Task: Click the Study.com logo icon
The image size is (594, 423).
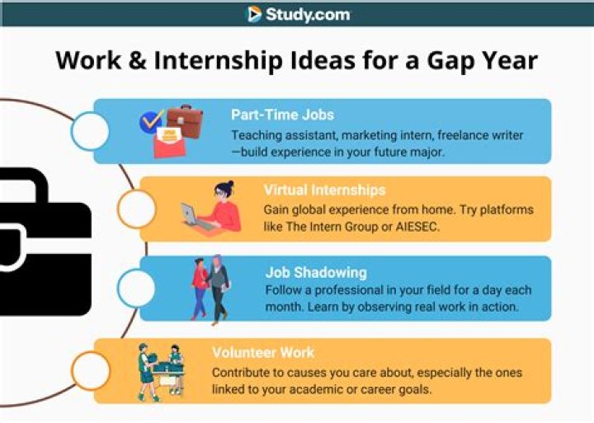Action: click(x=255, y=14)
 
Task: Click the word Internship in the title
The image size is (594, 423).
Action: click(x=218, y=60)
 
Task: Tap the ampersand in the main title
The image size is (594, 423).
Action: click(x=137, y=60)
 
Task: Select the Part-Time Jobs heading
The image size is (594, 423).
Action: click(x=283, y=115)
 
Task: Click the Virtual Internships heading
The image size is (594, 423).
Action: click(x=325, y=190)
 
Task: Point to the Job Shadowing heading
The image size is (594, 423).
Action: click(x=316, y=272)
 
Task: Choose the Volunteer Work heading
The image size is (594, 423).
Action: click(x=263, y=353)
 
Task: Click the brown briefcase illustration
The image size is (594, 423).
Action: click(x=186, y=120)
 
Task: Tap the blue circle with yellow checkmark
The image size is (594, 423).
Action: click(x=151, y=121)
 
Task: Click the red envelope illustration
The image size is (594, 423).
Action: click(x=169, y=142)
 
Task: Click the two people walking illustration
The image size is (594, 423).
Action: click(x=211, y=289)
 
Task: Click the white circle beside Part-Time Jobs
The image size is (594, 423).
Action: click(x=90, y=131)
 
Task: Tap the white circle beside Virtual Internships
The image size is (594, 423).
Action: click(x=136, y=209)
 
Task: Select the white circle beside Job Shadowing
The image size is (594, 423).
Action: click(x=136, y=289)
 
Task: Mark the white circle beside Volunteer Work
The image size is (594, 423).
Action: click(x=90, y=371)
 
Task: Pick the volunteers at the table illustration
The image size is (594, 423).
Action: click(x=161, y=372)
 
